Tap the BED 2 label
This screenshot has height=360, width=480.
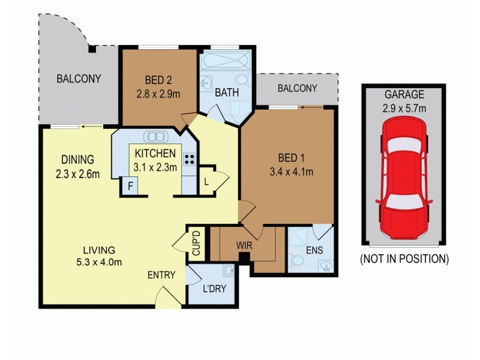(x=158, y=79)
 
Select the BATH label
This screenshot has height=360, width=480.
(x=227, y=93)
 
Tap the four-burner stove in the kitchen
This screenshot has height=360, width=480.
(x=190, y=160)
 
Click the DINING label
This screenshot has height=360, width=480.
(x=77, y=160)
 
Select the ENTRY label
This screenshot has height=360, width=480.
(x=161, y=275)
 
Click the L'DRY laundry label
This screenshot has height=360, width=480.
(x=214, y=289)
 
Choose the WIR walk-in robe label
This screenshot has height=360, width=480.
(x=244, y=245)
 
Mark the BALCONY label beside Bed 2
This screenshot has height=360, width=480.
(x=296, y=88)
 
